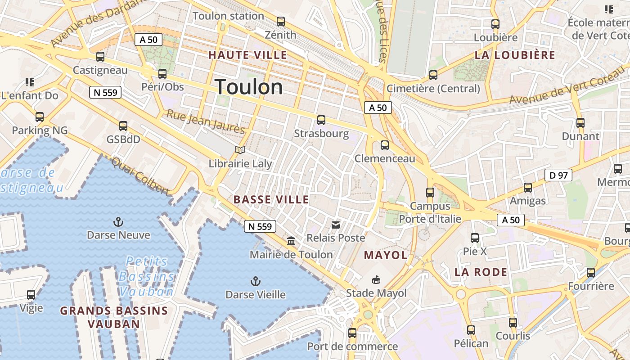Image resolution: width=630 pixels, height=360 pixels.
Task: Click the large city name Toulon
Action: click(x=249, y=87)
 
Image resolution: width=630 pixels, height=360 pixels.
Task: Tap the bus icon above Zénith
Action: click(x=281, y=21)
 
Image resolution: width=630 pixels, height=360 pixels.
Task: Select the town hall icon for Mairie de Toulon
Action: click(x=291, y=241)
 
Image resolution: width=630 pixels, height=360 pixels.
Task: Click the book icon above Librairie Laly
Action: click(x=240, y=150)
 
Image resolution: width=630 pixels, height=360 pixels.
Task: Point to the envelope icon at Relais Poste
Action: click(x=336, y=225)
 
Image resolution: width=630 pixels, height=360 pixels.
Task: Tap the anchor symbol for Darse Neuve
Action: click(x=118, y=222)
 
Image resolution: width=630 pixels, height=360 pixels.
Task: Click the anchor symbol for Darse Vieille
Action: click(x=255, y=282)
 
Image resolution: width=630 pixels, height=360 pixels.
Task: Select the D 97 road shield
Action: click(x=558, y=175)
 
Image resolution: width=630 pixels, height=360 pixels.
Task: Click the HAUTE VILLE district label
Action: click(x=247, y=55)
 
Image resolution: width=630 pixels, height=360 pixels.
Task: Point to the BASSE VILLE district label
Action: click(x=271, y=200)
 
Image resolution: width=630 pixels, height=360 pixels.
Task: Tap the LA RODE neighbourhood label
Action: click(x=481, y=272)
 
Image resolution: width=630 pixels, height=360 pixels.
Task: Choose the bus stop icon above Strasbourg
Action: click(x=321, y=120)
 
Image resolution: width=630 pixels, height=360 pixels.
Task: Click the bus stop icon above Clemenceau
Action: click(x=385, y=145)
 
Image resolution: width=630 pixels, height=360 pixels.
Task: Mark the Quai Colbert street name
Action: click(x=141, y=176)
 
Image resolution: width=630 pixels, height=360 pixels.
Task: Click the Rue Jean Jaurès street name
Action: click(x=206, y=121)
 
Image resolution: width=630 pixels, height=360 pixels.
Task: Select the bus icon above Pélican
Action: click(x=471, y=330)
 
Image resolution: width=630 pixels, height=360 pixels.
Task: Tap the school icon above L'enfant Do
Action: click(x=30, y=82)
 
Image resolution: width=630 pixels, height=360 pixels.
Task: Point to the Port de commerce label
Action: click(x=352, y=346)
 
